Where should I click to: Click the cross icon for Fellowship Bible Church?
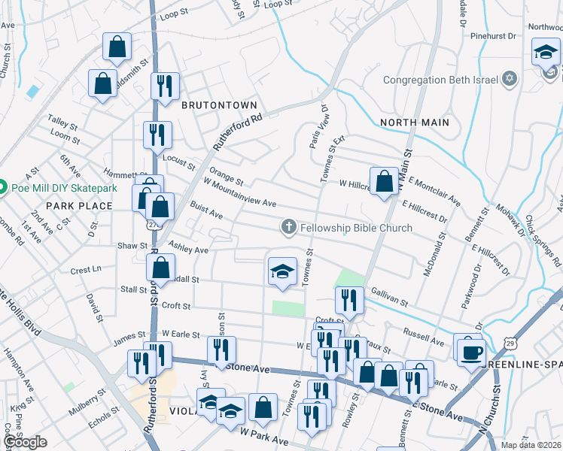coord(288,227)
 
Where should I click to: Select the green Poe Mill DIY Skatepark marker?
coord(4,187)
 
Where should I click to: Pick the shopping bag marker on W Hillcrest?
coord(384,181)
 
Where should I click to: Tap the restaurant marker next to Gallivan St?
coord(349,300)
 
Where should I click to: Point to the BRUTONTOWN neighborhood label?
coord(219,105)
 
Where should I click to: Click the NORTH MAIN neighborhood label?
coord(415,122)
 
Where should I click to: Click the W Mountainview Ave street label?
coord(240,193)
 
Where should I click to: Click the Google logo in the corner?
coord(26,442)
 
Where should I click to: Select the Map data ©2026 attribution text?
coord(531,445)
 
